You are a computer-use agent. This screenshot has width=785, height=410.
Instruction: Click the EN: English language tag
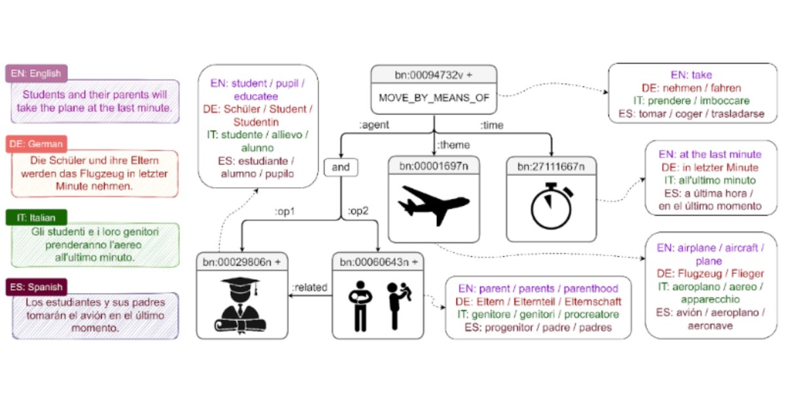[37, 74]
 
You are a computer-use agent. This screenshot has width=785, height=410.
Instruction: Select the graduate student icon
[241, 305]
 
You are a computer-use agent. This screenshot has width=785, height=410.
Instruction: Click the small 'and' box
[341, 167]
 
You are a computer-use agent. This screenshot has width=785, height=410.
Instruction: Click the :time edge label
[491, 124]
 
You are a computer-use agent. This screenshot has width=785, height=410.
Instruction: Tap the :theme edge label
[453, 145]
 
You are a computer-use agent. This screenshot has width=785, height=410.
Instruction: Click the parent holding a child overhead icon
[396, 305]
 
